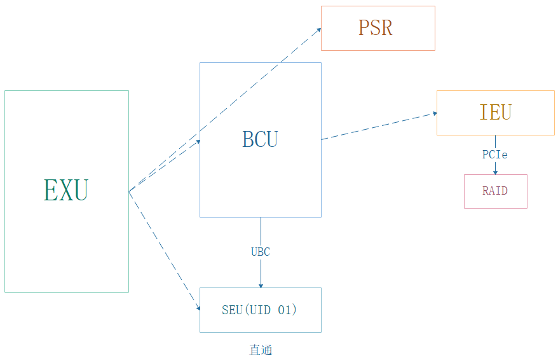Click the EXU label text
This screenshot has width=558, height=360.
(x=66, y=190)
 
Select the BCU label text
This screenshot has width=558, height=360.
(x=260, y=139)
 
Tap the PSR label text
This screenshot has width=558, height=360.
(x=375, y=28)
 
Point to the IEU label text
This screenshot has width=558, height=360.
(x=495, y=112)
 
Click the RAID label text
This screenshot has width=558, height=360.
(x=495, y=191)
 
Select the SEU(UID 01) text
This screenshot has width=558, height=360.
(x=260, y=310)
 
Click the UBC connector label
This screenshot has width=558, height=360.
(x=260, y=252)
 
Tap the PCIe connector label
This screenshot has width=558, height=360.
(x=495, y=155)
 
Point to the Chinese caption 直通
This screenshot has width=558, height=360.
(x=261, y=350)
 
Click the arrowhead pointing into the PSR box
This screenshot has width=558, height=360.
(x=318, y=29)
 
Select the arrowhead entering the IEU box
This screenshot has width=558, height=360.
(x=435, y=113)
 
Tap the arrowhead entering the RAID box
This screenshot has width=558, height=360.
(x=495, y=172)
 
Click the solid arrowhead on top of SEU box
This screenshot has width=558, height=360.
(x=261, y=286)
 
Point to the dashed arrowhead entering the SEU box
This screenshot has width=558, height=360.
(x=198, y=308)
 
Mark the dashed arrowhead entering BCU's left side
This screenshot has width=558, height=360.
(x=198, y=142)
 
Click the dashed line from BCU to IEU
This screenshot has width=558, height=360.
(x=378, y=126)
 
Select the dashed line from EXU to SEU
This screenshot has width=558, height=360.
(x=164, y=250)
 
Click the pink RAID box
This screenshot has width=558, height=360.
(x=495, y=201)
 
